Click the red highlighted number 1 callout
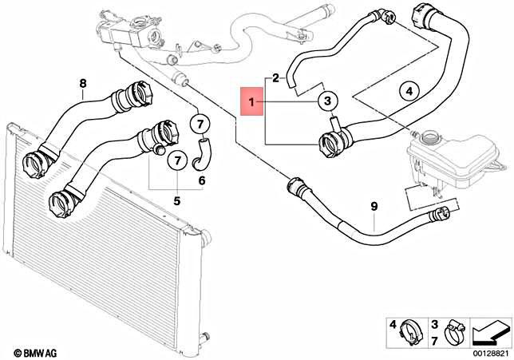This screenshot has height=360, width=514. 252,102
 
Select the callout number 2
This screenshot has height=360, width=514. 275,77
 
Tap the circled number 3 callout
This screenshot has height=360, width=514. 327,101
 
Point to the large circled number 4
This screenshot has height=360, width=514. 408,92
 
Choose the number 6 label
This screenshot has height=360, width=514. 201,180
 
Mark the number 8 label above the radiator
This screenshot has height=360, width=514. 81,83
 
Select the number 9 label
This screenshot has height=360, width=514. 373,208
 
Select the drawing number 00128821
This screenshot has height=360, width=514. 491,351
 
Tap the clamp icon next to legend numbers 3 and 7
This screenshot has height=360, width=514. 454,327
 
